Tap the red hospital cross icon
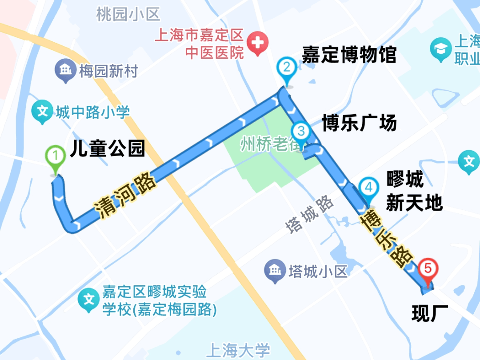click(x=257, y=44)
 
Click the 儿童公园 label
click(x=108, y=149)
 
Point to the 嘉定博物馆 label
click(x=349, y=55)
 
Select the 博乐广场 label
click(x=359, y=122)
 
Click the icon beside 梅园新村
click(x=65, y=70)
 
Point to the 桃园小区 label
click(x=128, y=15)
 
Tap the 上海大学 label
click(x=240, y=351)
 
